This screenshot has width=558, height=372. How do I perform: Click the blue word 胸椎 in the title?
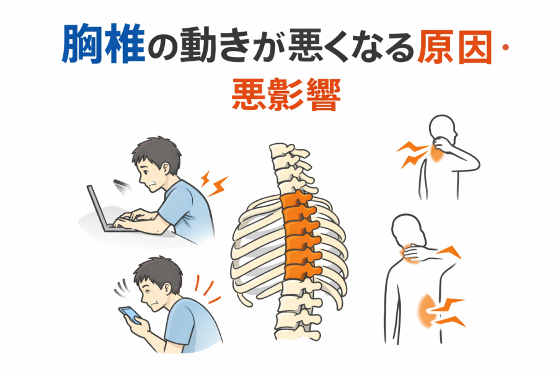[x=104, y=43]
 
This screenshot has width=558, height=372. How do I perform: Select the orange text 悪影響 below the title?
[x=286, y=95]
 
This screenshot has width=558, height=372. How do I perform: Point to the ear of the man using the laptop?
[x=166, y=169]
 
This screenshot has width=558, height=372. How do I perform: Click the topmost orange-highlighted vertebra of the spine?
[x=296, y=200]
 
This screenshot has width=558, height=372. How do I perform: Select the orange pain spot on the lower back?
[x=426, y=310]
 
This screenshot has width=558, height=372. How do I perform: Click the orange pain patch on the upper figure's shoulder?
[x=436, y=154]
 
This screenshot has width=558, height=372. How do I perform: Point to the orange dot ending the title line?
[x=505, y=47]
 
